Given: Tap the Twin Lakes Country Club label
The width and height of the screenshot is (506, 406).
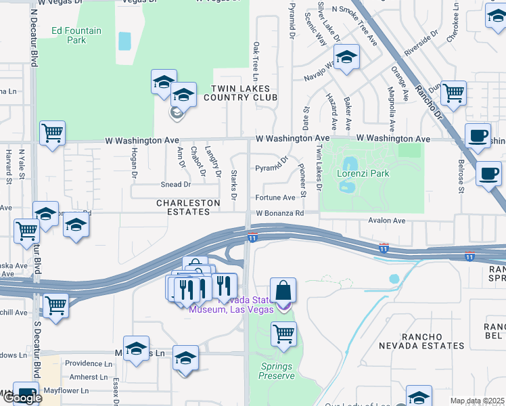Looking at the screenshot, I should pos(241,93).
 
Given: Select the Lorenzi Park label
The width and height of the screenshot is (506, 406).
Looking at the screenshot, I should pos(363,173).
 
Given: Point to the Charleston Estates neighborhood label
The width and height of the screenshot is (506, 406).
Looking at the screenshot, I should pos(188,207).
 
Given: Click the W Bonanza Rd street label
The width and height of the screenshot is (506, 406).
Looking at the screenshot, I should pos(279,214).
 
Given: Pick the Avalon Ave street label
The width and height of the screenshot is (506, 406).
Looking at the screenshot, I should pos(386,221).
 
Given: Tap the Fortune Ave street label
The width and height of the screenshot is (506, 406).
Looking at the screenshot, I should pos(275,198).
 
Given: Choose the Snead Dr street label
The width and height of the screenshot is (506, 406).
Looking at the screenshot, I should pos(175,184).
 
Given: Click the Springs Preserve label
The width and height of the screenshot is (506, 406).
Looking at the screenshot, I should pos(277,371).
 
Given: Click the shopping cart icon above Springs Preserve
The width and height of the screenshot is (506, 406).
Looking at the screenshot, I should pos(284,333).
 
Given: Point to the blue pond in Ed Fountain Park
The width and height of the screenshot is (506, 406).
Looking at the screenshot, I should pos(124,41).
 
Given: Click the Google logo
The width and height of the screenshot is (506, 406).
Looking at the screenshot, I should pos(22,398).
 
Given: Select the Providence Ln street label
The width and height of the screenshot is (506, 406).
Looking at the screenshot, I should pos(88,363).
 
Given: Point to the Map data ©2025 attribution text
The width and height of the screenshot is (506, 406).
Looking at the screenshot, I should pos(478,401).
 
